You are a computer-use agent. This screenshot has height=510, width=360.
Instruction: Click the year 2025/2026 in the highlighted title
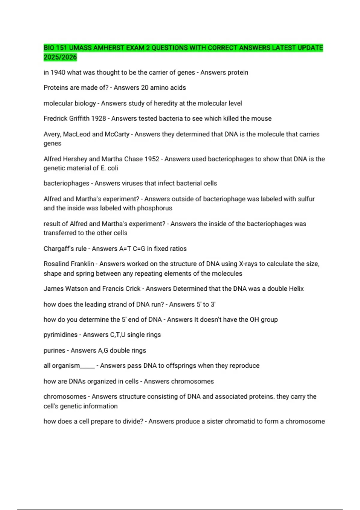60,57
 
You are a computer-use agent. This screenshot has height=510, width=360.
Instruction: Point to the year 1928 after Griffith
98,118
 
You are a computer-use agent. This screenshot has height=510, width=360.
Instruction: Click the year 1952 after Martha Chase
152,159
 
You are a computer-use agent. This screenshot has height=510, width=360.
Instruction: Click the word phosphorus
154,208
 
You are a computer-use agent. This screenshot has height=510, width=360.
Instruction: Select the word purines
54,350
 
